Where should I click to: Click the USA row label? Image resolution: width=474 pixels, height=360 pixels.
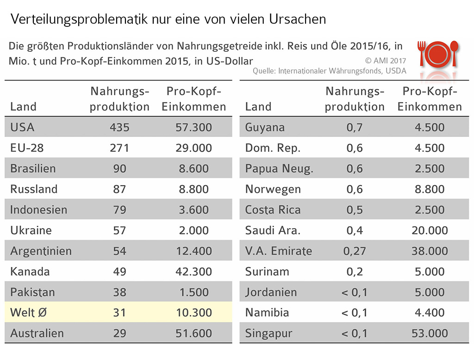22,127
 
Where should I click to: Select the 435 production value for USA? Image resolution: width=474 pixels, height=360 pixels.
119,127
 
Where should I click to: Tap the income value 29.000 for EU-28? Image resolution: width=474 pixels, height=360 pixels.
193,148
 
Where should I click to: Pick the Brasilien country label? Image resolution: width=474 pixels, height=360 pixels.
33,168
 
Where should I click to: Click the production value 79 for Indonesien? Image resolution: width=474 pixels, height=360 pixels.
119,210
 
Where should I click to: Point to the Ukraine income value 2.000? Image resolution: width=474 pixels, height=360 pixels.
193,230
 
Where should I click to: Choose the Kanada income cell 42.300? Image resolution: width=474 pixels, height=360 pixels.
193,272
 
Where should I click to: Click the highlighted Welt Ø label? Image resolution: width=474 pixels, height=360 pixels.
29,313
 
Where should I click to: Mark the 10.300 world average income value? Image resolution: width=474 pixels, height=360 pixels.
193,313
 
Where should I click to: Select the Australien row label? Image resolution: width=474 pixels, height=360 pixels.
37,333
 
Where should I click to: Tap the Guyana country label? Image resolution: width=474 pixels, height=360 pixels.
265,127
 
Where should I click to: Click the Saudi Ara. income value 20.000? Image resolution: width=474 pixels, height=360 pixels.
430,230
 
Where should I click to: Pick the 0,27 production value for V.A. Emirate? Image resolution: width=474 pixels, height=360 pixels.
355,251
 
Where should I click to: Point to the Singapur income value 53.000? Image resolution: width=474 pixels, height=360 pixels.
430,333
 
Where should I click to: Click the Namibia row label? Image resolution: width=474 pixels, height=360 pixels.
267,313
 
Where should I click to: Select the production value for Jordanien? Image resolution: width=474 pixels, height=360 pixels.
355,292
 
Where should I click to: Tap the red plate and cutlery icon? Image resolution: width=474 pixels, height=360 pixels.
438,54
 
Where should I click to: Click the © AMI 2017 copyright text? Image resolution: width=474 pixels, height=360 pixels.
386,61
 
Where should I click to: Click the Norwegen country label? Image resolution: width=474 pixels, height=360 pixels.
273,189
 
